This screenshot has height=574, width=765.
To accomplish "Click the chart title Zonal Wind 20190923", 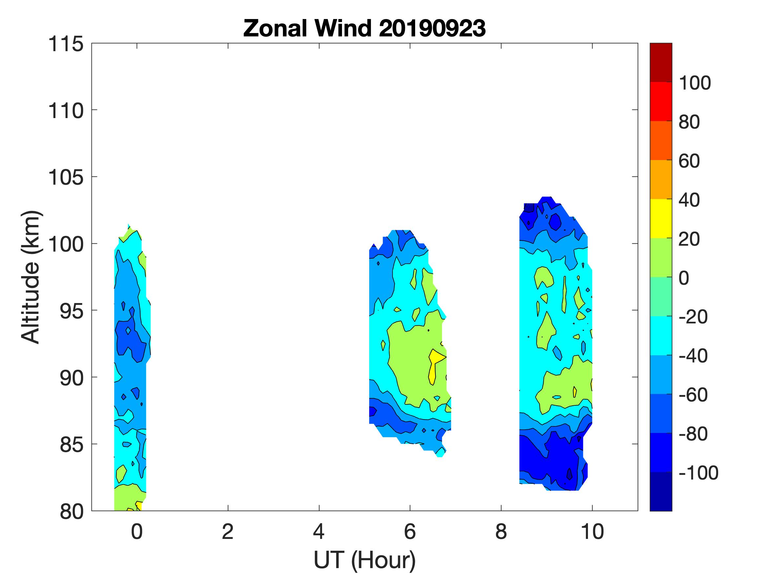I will [365, 28].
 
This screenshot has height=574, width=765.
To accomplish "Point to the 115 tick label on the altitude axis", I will [66, 44].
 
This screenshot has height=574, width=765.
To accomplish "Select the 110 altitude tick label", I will [66, 111].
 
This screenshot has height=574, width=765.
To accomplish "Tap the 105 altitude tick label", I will [66, 178].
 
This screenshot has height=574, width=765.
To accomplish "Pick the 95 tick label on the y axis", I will [71, 311].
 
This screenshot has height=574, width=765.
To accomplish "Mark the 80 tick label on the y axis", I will [71, 512].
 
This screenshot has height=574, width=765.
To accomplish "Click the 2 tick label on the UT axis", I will [228, 531].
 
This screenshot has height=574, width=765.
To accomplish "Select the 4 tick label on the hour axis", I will [318, 531].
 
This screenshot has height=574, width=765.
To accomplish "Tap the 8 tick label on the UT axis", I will [501, 531].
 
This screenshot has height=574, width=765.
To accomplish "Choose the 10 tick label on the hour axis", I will [592, 531].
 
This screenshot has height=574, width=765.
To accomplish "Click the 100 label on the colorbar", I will [695, 83].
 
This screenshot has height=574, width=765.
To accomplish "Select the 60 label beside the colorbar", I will [689, 161].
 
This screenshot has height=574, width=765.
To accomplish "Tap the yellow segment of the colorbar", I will [660, 218].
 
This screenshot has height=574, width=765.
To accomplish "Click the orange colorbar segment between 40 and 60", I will [660, 179].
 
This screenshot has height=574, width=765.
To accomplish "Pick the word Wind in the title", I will [342, 28].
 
